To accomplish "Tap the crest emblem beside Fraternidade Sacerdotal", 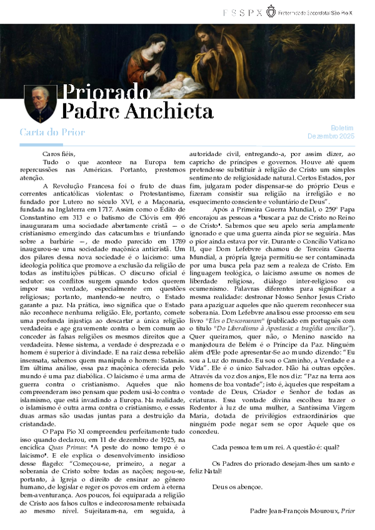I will coord(270,11).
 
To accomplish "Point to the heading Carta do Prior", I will coord(52,132).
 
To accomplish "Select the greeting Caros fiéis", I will coord(58,154).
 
